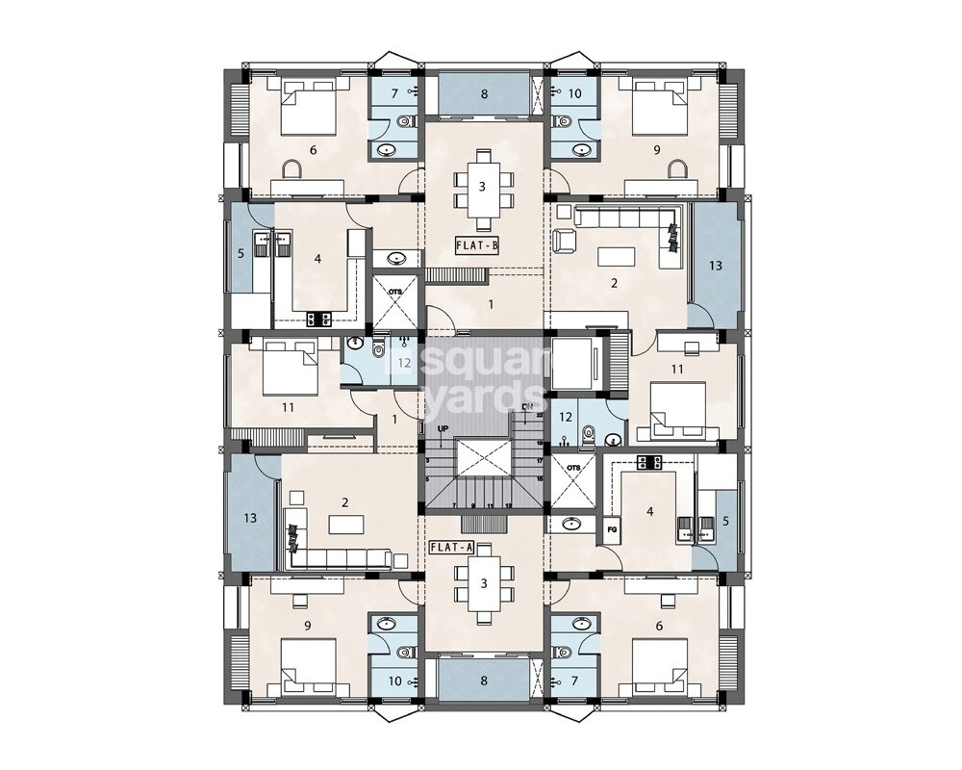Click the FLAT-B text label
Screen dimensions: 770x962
click(477, 244)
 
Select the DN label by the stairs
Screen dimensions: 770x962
click(526, 408)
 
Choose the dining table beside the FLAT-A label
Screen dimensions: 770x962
click(484, 583)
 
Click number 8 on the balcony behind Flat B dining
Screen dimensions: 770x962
click(484, 94)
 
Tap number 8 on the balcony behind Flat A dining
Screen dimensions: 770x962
click(484, 680)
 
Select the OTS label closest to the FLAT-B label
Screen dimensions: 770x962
click(393, 289)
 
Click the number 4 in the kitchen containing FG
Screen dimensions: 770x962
click(649, 512)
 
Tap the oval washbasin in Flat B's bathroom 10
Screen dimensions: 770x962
click(576, 150)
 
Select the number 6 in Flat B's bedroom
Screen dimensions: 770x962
click(313, 150)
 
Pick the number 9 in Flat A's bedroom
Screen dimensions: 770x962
click(307, 625)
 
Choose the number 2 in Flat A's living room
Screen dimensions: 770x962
click(343, 501)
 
